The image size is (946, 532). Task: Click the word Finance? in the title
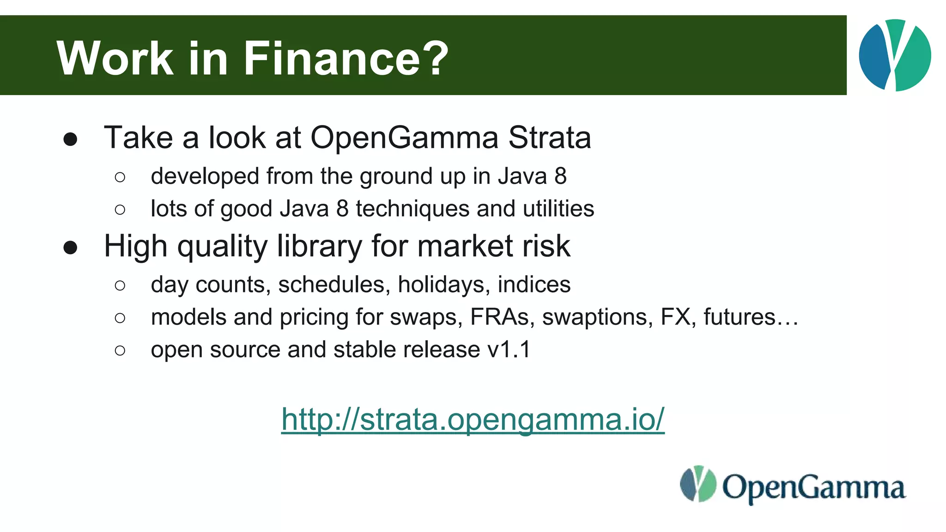tap(346, 58)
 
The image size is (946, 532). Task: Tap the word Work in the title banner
tap(115, 58)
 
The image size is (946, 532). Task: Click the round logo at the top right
tap(895, 55)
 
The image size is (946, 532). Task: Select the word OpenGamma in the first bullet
tap(405, 138)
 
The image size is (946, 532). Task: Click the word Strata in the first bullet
tap(550, 138)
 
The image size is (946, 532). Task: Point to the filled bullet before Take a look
tap(70, 139)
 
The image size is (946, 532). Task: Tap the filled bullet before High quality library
tap(70, 248)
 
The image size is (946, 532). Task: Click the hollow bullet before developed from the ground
tap(120, 177)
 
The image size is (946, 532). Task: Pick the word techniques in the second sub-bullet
tap(412, 209)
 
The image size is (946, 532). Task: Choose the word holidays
tap(444, 284)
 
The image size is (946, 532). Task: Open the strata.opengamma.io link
tap(473, 420)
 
